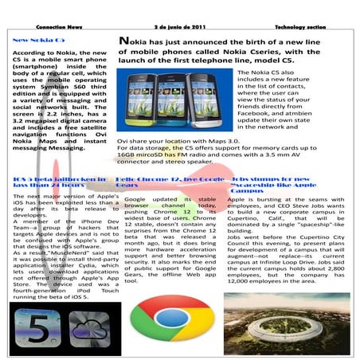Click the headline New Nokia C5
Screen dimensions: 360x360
click(x=38, y=39)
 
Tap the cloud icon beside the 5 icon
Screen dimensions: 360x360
click(x=87, y=329)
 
